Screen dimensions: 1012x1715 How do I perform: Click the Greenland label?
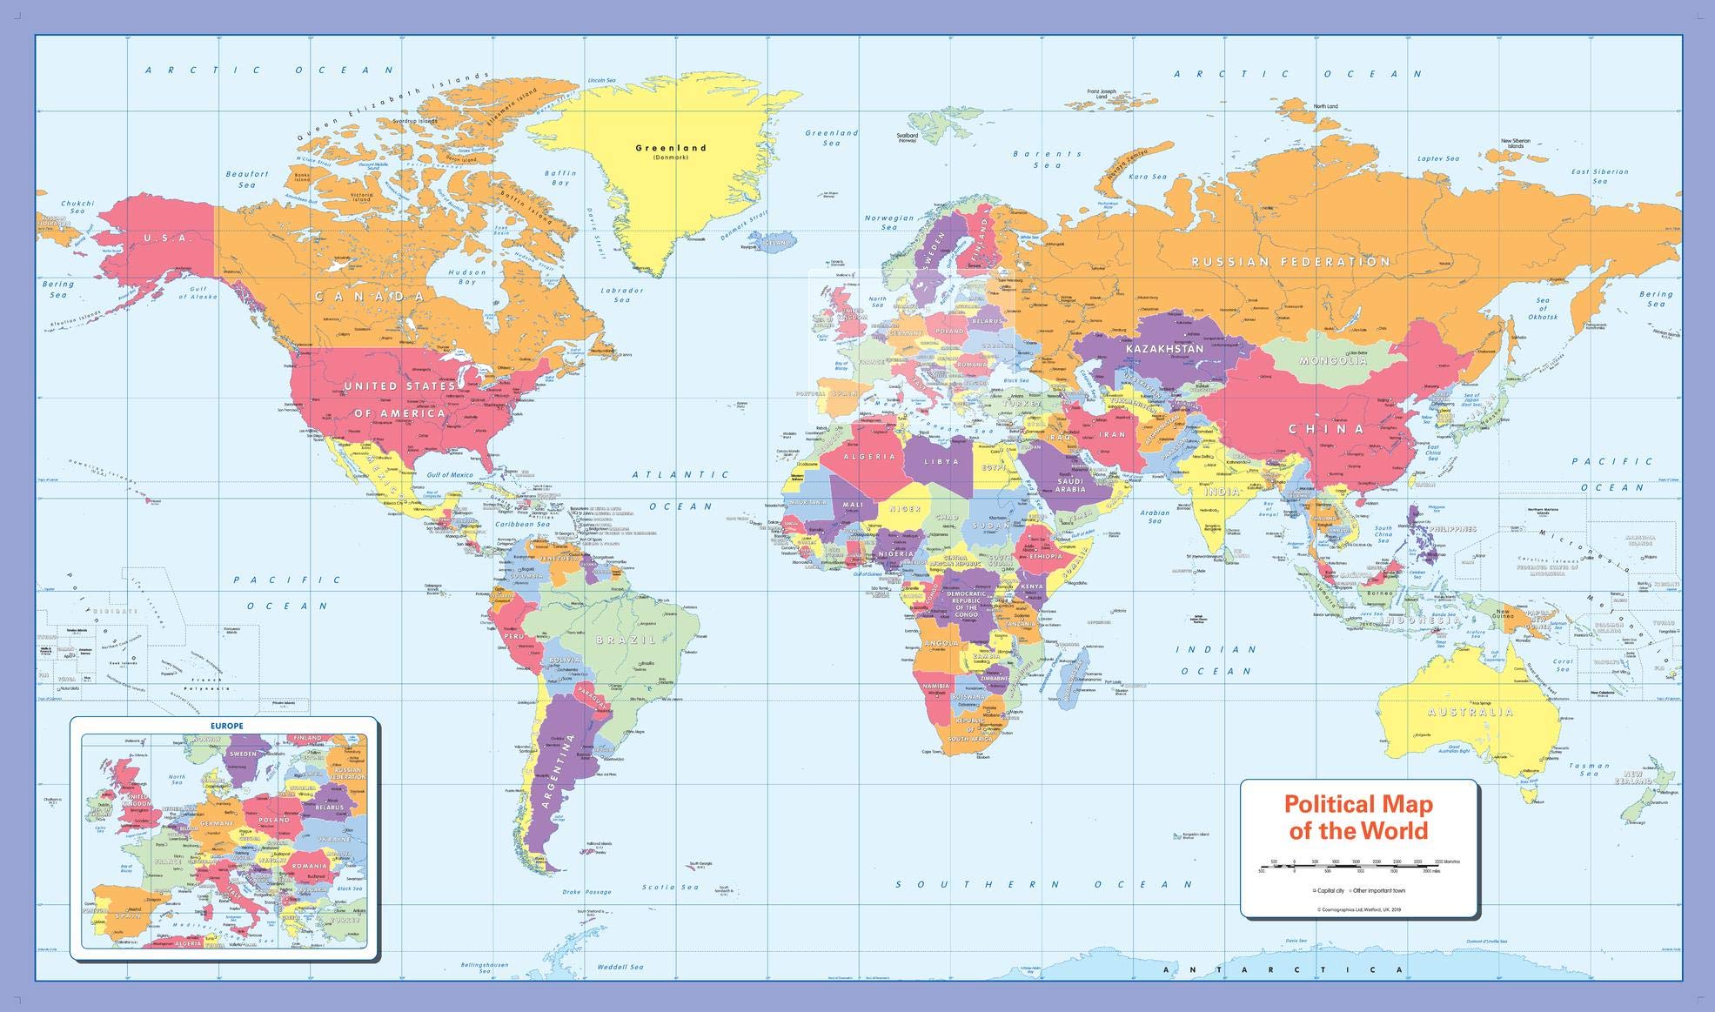tap(670, 148)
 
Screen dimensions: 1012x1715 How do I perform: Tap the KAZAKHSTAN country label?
tap(1164, 349)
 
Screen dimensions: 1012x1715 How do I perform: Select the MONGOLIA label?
tap(1332, 360)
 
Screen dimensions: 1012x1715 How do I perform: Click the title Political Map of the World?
tap(1358, 816)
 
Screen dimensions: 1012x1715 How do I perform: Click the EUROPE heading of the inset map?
tap(226, 725)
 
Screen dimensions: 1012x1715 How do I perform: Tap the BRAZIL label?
tap(626, 640)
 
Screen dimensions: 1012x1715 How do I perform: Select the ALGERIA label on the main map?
tap(868, 457)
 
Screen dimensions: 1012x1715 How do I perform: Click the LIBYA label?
tap(941, 461)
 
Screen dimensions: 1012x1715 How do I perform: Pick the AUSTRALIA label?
tap(1494, 712)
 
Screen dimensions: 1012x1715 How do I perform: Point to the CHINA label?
tap(1326, 429)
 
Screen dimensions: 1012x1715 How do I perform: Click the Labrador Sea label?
tap(621, 295)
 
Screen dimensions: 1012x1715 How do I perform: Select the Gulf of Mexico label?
tap(450, 475)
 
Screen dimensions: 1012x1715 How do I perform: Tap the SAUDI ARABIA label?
tap(1070, 485)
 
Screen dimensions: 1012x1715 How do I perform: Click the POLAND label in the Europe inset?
tap(273, 820)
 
